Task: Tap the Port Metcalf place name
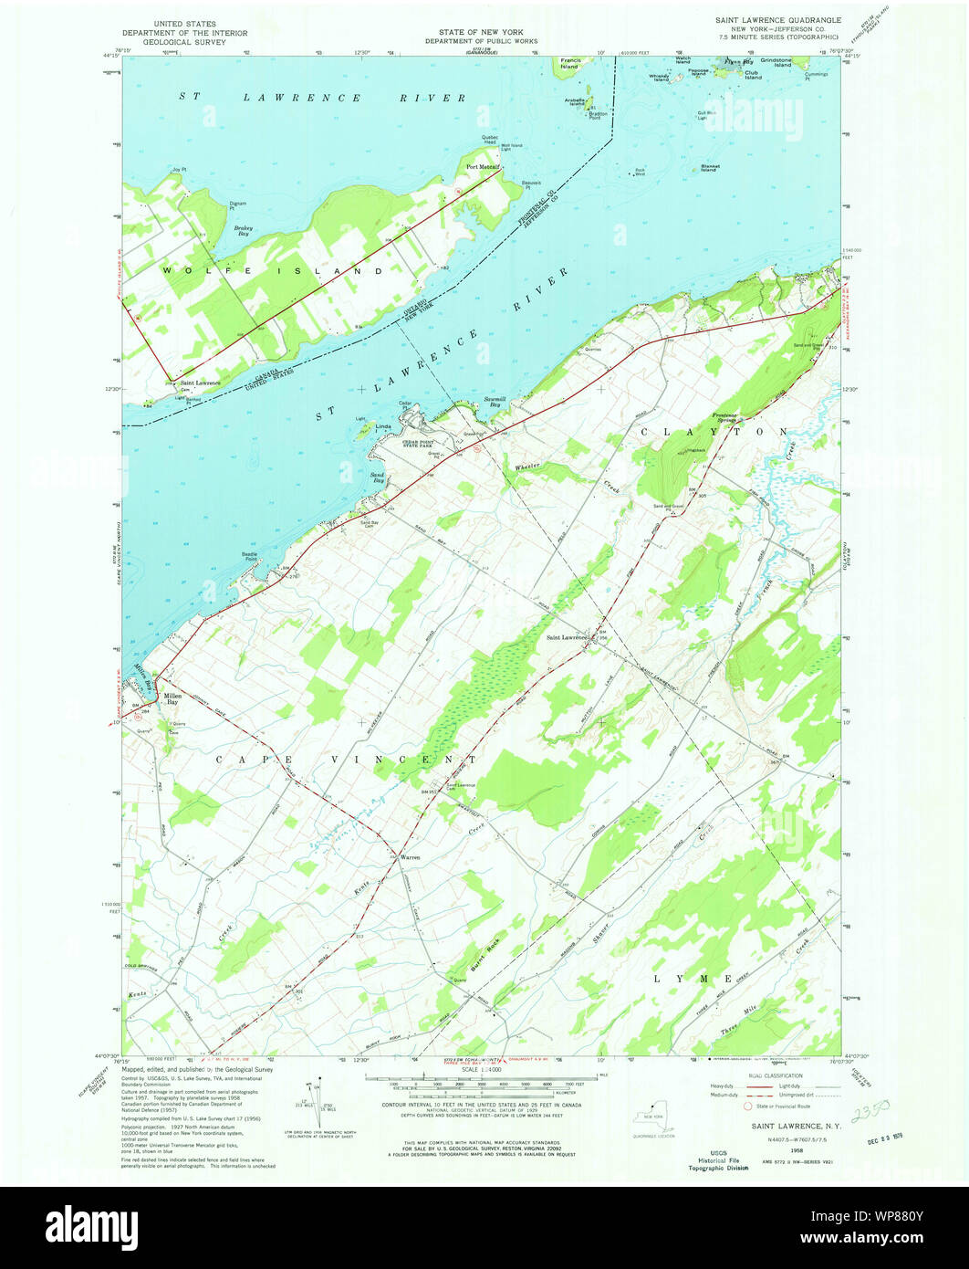pyautogui.click(x=483, y=167)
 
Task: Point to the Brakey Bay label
pyautogui.click(x=242, y=231)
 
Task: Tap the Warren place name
pyautogui.click(x=411, y=857)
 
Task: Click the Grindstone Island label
pyautogui.click(x=791, y=63)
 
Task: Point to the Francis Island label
pyautogui.click(x=570, y=64)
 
